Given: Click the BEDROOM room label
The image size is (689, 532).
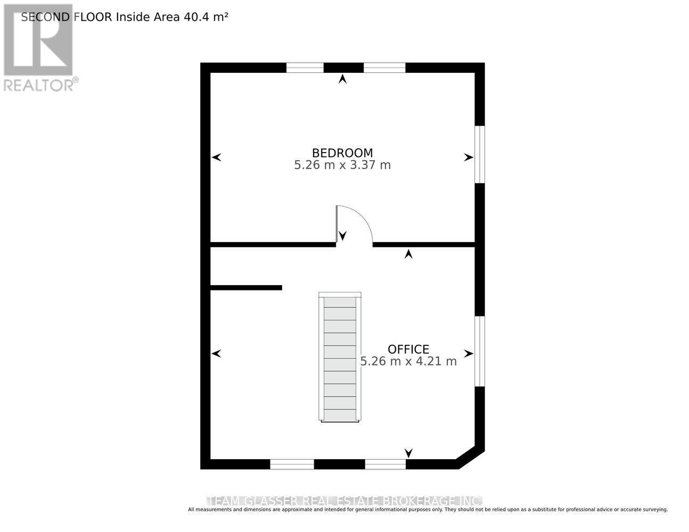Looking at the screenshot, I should point(342,153).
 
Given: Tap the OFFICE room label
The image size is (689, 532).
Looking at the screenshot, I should point(408,349).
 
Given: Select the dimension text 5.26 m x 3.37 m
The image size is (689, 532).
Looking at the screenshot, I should point(342,165).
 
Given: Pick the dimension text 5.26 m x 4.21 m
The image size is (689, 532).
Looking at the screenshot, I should point(408,361).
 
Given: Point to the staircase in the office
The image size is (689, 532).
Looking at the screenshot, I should point(340,357).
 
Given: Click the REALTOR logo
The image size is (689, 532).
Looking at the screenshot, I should point(39,48).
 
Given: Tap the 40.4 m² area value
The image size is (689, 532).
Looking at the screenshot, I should point(206,16).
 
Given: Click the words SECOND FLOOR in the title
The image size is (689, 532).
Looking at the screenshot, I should point(67,16).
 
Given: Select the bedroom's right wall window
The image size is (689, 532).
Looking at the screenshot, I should point(480,154).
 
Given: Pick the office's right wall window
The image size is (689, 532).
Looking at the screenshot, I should point(480,351).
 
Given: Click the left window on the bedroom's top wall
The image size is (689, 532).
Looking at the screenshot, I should point(305,68).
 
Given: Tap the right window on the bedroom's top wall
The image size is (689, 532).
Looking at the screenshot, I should point(384,68).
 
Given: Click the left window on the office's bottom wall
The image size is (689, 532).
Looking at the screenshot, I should point(292,464).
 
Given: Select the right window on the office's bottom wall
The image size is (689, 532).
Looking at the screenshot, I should point(385,464).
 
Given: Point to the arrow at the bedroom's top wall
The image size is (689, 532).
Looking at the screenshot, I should point(342,79).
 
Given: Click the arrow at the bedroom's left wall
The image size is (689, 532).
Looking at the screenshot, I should point(216,157).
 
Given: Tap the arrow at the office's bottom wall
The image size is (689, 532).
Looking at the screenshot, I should point(408,453).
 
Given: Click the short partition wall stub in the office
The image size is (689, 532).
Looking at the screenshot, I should point(246,288).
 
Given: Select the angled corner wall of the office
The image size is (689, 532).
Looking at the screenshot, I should point(471,459).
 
